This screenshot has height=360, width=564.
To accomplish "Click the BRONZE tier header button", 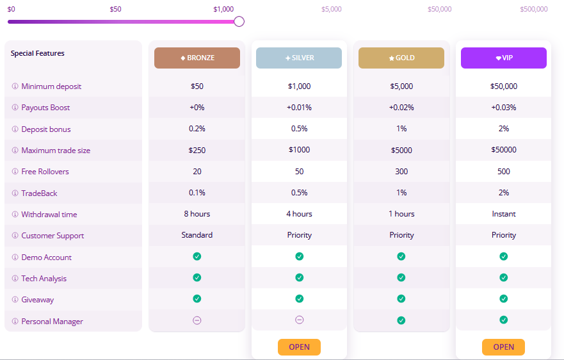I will coord(197,58).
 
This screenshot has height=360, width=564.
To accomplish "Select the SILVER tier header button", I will coord(299,58).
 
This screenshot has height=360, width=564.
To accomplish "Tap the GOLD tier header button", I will coord(401,58).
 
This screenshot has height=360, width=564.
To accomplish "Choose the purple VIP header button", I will coord(504,58).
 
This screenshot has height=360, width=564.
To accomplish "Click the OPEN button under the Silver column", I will coord(299,347).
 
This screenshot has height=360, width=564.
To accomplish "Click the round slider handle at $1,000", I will coord(239,21).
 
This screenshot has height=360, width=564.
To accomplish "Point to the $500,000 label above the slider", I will coord(534,9).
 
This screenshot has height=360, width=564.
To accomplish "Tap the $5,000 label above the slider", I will coord(332,9).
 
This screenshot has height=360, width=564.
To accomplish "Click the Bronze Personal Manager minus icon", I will coord(197,320).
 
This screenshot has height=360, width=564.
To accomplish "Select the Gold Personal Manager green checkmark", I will coord(401,320).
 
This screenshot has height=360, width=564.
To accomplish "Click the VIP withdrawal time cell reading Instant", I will coord(504,214).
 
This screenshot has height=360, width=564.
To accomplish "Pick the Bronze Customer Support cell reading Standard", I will coord(197,235).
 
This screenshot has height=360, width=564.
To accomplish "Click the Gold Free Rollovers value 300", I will coord(401,172).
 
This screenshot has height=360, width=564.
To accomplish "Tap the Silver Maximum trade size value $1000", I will coord(299,150).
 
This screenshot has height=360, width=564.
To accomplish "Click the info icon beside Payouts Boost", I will coord(15,108).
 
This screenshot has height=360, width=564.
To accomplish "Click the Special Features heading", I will coord(38,53).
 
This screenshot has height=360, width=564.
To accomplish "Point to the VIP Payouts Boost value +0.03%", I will coord(504,108).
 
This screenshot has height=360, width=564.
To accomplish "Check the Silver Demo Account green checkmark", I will coord(299,256).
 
